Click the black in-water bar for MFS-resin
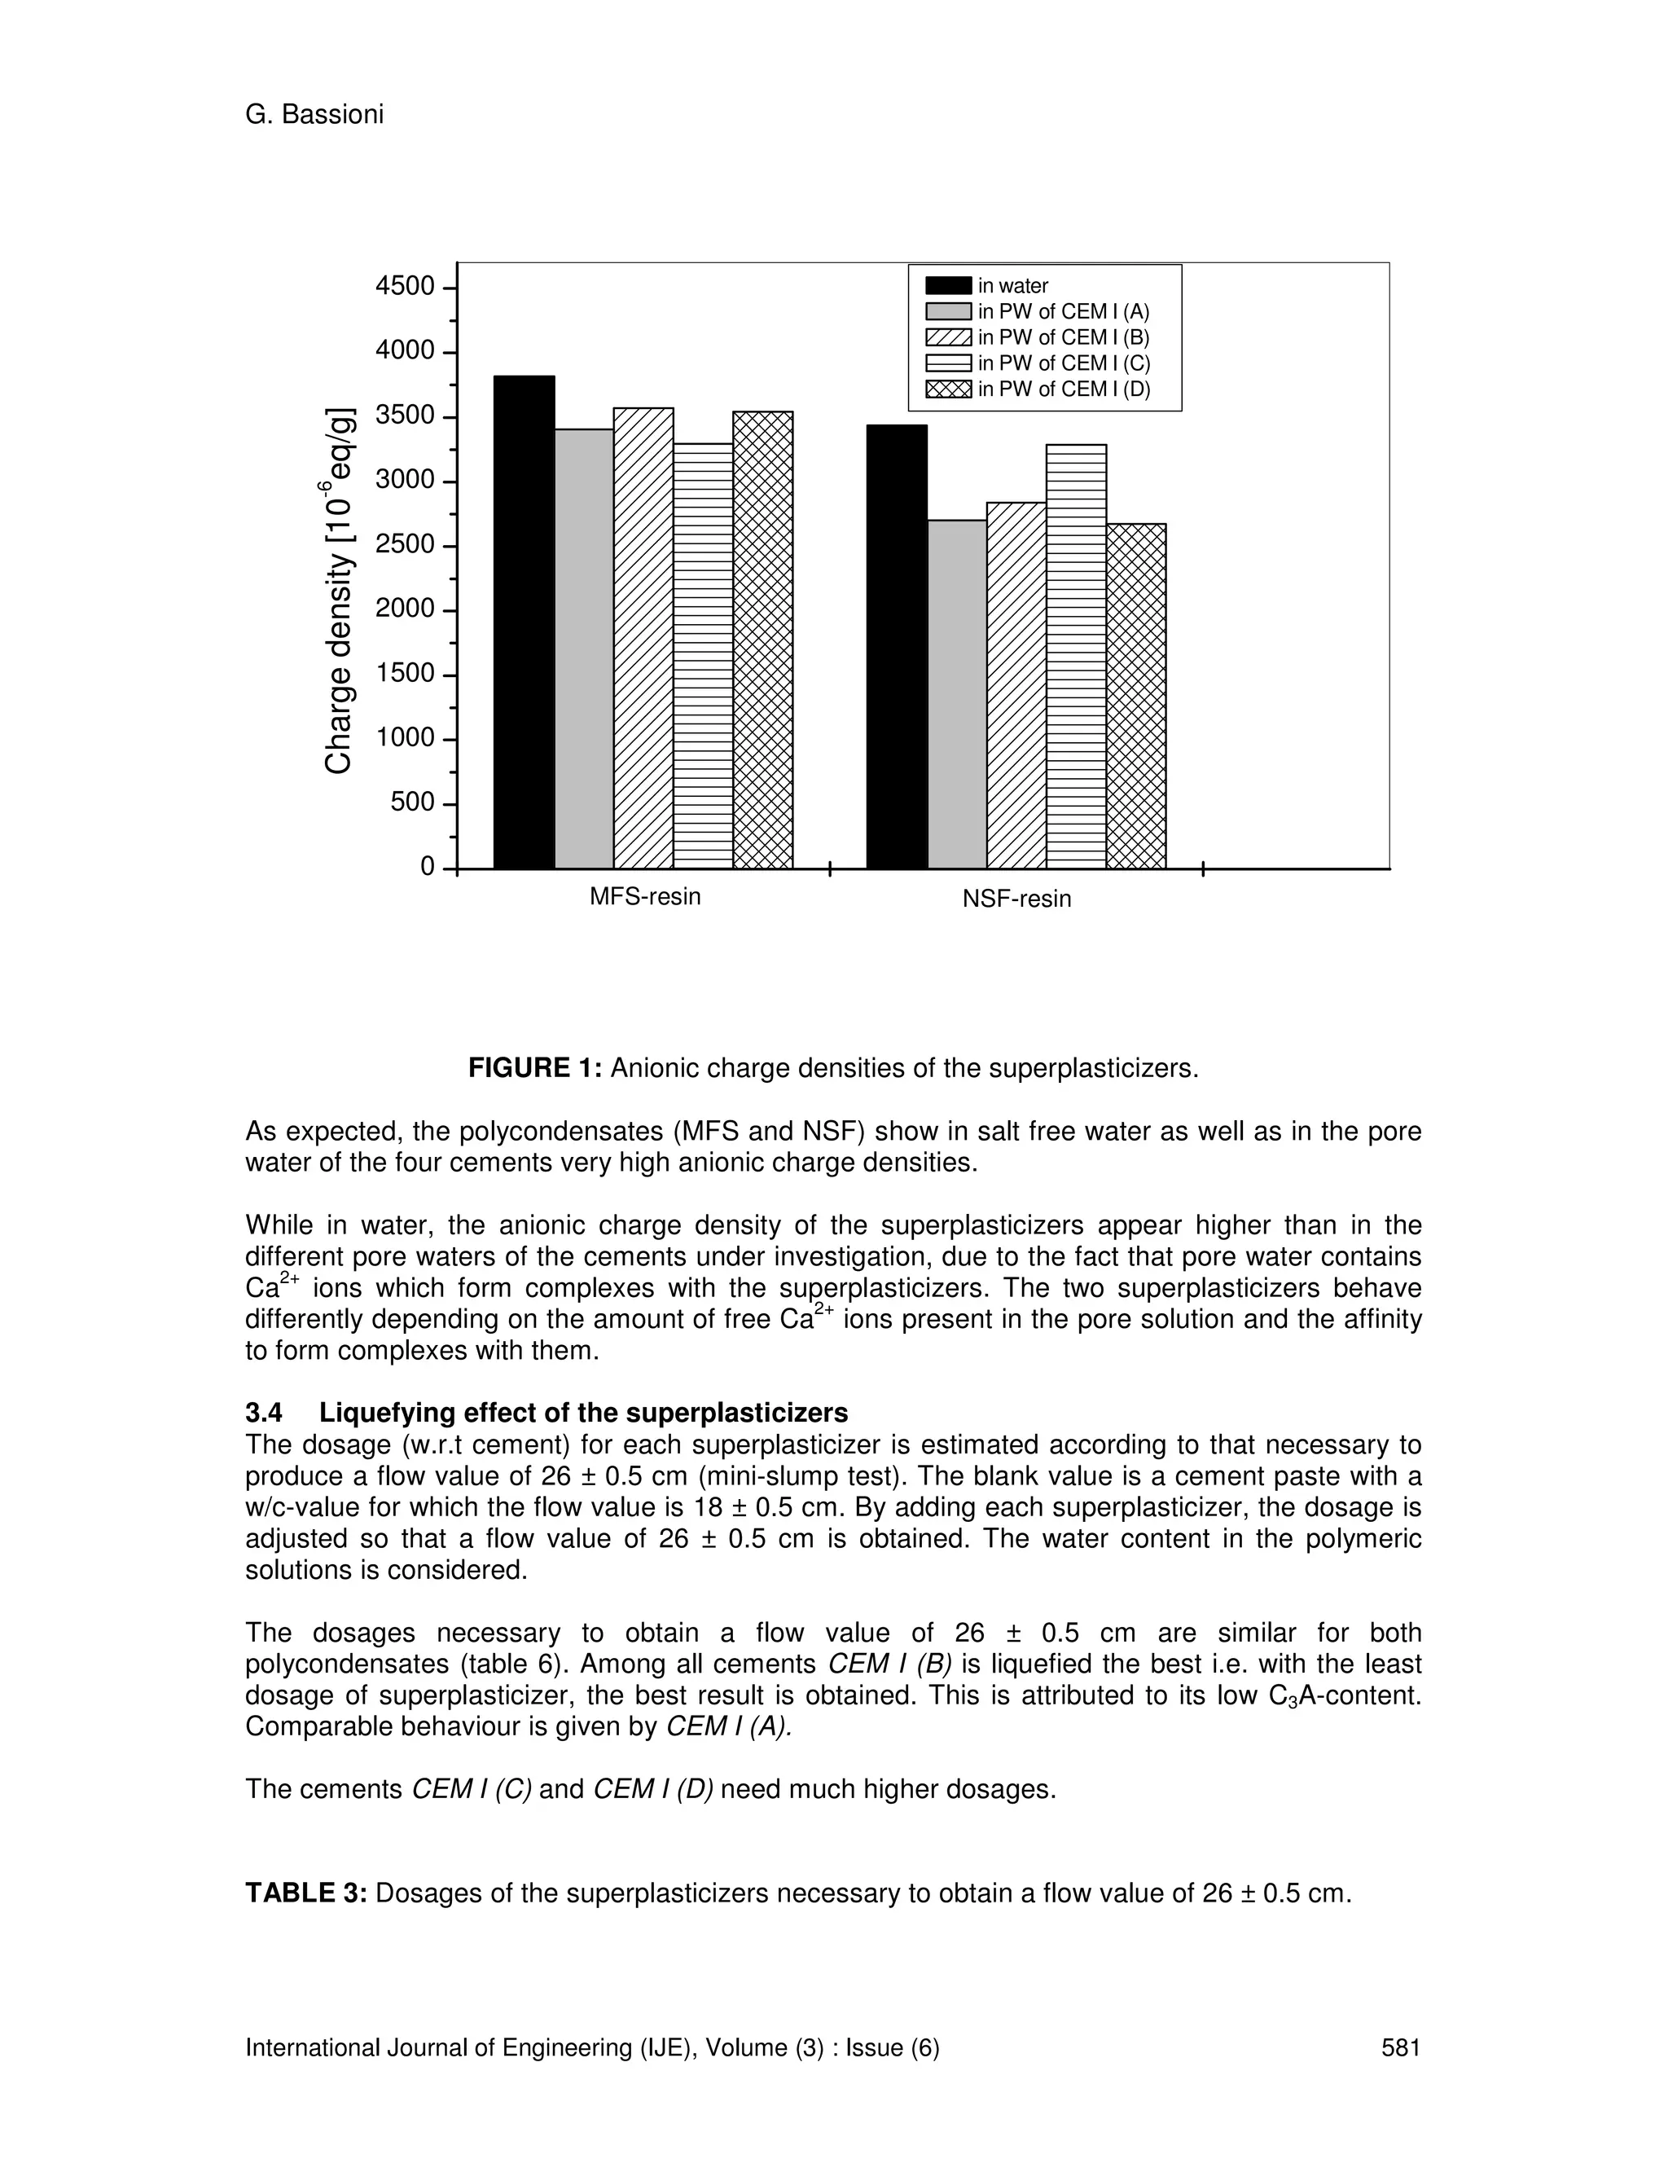524,622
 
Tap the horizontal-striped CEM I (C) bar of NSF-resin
1076,657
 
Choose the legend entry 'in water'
1013,286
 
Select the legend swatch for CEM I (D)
948,389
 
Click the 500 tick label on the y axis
412,802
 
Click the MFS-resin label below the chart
645,897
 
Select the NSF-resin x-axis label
1016,899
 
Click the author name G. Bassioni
314,115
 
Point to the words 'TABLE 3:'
306,1893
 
